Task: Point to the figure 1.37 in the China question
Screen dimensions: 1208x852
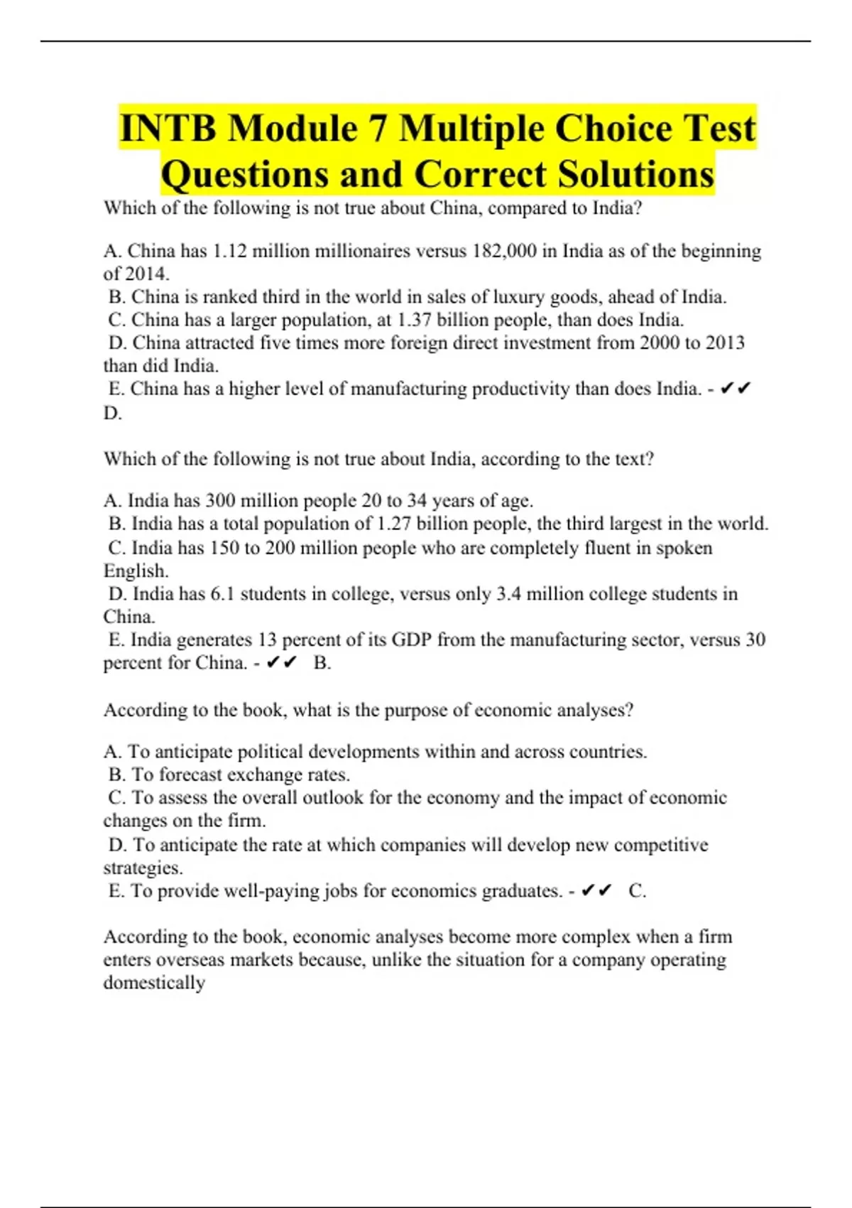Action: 415,320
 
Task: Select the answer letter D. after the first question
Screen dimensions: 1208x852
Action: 112,413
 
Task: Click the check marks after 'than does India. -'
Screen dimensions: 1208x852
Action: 735,389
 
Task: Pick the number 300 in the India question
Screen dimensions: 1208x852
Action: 219,500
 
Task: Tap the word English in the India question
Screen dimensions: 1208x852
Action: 136,571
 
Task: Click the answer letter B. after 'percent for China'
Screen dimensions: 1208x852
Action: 322,663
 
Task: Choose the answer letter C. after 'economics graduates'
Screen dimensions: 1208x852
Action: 637,891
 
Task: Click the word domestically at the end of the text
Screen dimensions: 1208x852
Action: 154,983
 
